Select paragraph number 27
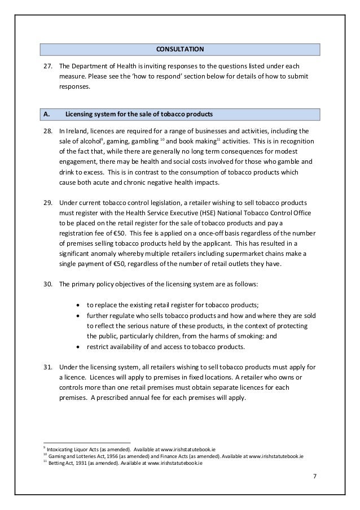point(49,66)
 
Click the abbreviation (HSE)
point(185,212)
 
